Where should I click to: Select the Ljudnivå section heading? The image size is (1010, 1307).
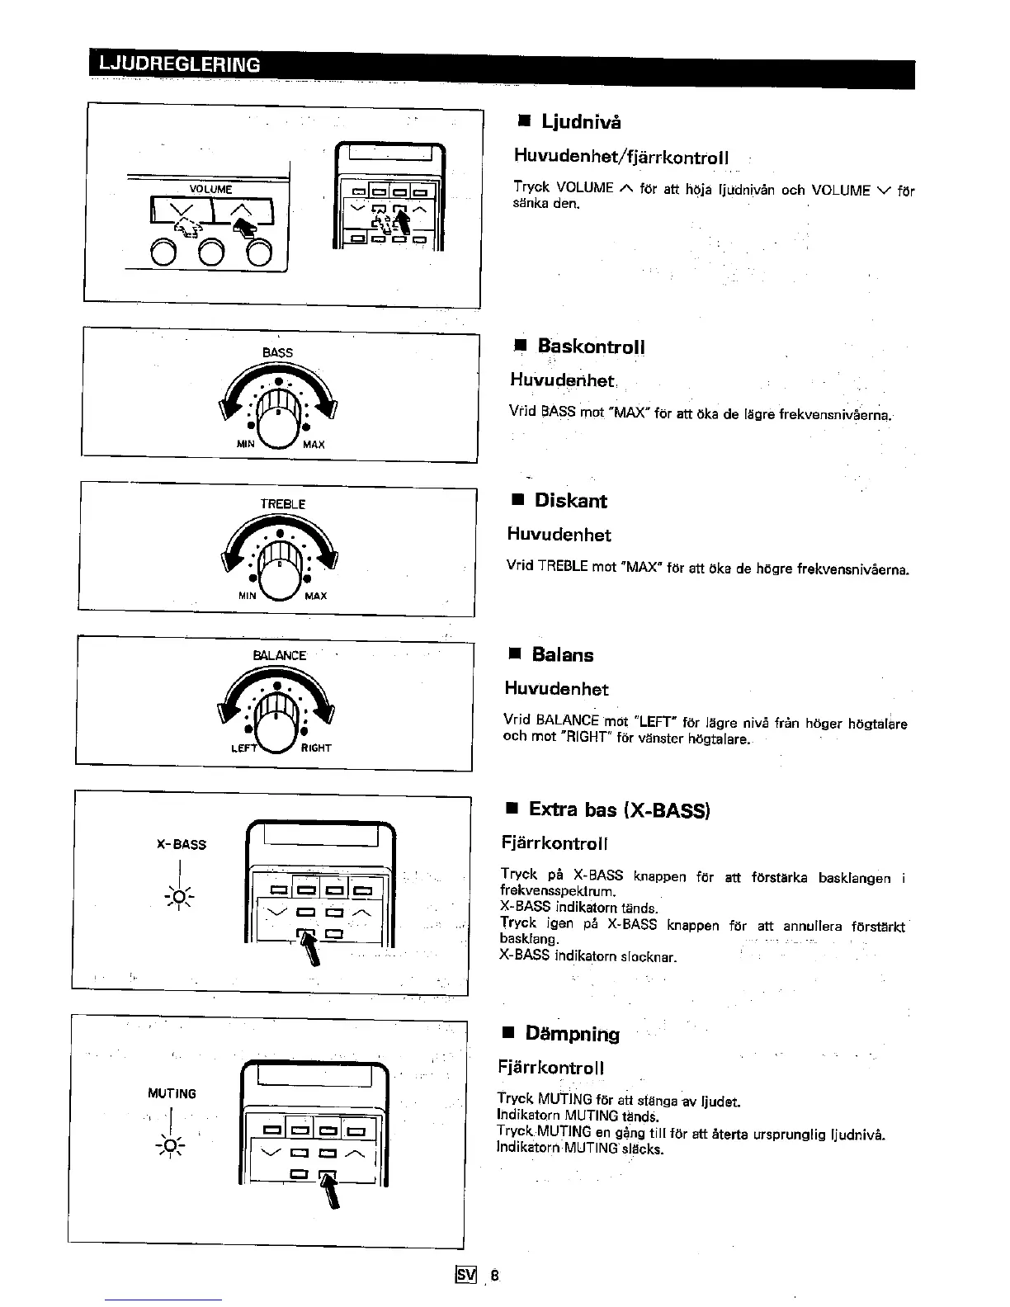(x=581, y=122)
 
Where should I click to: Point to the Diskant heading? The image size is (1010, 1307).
(x=570, y=501)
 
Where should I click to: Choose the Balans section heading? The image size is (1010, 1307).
(x=562, y=655)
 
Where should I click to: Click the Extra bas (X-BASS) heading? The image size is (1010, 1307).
(x=619, y=809)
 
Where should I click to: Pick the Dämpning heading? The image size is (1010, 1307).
(x=572, y=1034)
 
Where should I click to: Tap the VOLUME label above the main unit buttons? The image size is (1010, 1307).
(x=211, y=189)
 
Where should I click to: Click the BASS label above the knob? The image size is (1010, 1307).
(x=277, y=352)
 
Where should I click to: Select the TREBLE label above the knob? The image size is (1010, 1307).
(x=283, y=503)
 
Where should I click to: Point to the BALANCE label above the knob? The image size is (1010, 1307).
(x=280, y=655)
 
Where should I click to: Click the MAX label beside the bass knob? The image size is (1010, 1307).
(x=314, y=445)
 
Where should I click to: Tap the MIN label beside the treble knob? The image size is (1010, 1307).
(x=247, y=596)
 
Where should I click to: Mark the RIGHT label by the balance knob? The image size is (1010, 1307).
(x=316, y=748)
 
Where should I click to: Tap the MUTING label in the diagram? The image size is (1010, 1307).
(x=172, y=1094)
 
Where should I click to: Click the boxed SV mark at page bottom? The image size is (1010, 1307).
(x=466, y=1275)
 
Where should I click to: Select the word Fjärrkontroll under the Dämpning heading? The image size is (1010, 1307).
(x=551, y=1068)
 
